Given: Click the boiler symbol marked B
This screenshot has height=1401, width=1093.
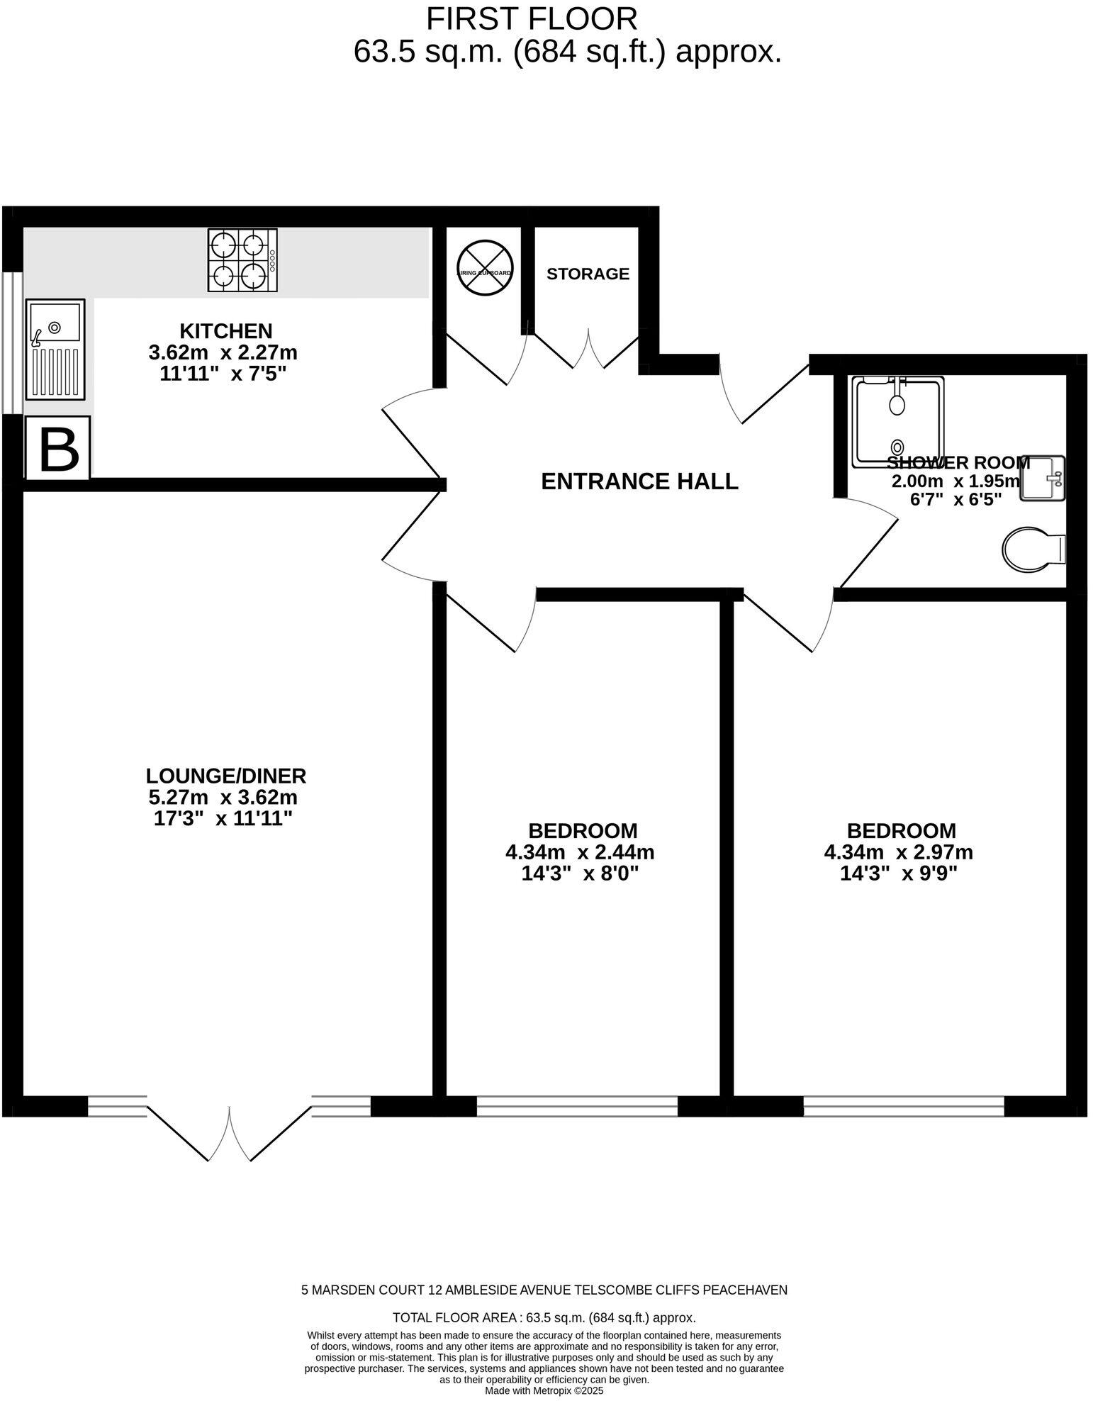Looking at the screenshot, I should pyautogui.click(x=58, y=447).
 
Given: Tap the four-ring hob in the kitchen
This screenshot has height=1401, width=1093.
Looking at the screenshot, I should pyautogui.click(x=242, y=260).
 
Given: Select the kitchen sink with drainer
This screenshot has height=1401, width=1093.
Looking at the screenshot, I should pyautogui.click(x=55, y=349).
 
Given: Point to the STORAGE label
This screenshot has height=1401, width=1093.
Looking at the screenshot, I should pyautogui.click(x=588, y=274).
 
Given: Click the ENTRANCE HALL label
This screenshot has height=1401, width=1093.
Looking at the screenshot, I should pyautogui.click(x=639, y=481).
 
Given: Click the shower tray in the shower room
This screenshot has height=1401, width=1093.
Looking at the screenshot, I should pyautogui.click(x=897, y=421).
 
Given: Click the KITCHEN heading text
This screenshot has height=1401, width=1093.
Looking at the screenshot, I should pyautogui.click(x=225, y=331).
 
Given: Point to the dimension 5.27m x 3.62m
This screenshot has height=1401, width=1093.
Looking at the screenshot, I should pyautogui.click(x=223, y=797).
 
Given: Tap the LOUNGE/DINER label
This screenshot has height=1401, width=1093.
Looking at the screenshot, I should pyautogui.click(x=225, y=775).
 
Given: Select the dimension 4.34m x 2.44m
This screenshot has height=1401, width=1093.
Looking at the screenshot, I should pyautogui.click(x=579, y=852).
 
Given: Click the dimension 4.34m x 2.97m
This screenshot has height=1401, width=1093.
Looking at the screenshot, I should pyautogui.click(x=898, y=852).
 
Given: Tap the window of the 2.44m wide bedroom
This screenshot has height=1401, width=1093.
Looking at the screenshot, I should pyautogui.click(x=577, y=1106).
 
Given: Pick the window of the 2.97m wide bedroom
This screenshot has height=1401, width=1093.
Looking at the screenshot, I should pyautogui.click(x=904, y=1106).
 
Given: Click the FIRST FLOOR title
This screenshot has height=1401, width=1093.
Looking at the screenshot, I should pyautogui.click(x=532, y=19).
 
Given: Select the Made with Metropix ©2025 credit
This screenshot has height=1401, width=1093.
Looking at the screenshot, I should pyautogui.click(x=544, y=1391).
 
